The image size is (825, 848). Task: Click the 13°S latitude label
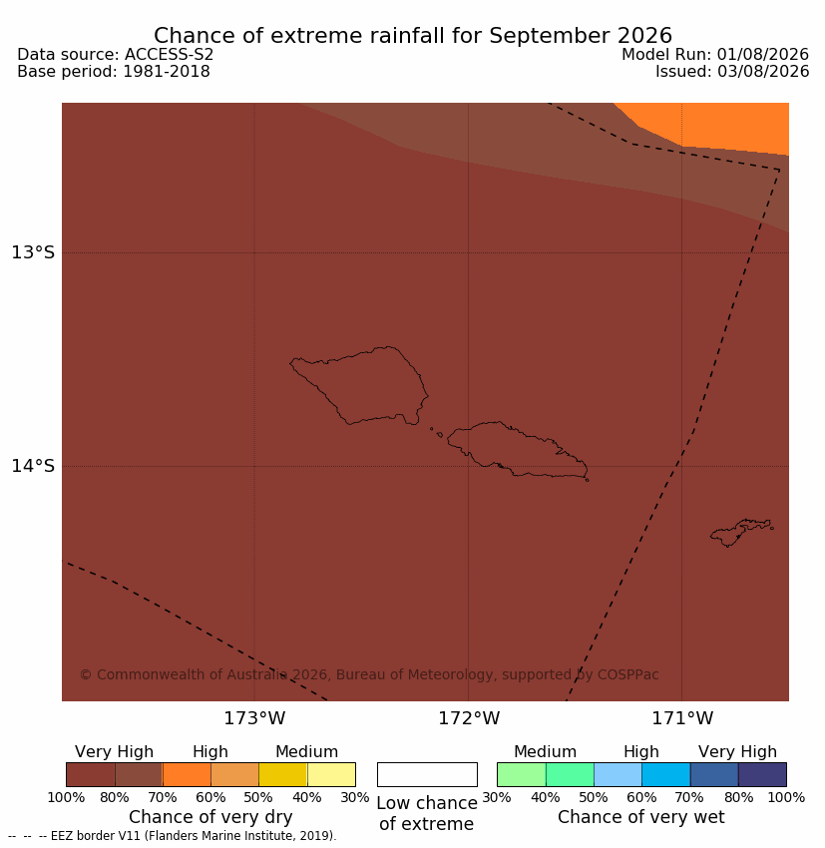point(33,252)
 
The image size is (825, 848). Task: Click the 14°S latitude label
point(33,466)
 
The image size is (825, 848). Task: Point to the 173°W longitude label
point(254,718)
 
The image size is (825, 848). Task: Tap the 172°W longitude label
point(468,718)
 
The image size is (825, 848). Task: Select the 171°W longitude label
point(681,718)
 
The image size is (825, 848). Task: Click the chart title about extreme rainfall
point(413,36)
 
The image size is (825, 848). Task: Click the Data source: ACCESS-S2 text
point(115,55)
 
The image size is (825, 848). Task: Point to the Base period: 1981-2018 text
point(114,72)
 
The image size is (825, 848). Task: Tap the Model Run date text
point(714,55)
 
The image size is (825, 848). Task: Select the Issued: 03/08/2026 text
point(732,72)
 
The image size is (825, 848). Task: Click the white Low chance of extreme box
point(427,774)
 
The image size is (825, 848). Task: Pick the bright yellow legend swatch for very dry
point(282,774)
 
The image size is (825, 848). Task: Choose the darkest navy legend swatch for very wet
point(762,774)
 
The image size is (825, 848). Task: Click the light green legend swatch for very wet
point(521,774)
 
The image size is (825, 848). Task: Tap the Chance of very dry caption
point(210,817)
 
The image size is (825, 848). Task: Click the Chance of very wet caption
point(640,817)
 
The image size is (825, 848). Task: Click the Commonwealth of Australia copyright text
point(369,675)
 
